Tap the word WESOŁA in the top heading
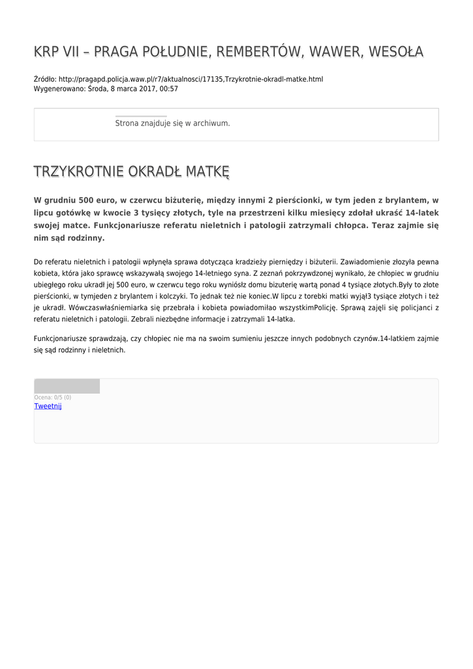(x=395, y=52)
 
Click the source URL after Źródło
(x=191, y=79)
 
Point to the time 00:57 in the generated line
(x=168, y=89)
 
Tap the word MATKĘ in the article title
(x=207, y=172)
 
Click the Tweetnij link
(x=48, y=406)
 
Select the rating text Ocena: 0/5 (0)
(x=53, y=397)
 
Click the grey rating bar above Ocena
(x=67, y=386)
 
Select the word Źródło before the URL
(x=44, y=79)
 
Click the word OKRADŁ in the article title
(x=155, y=172)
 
